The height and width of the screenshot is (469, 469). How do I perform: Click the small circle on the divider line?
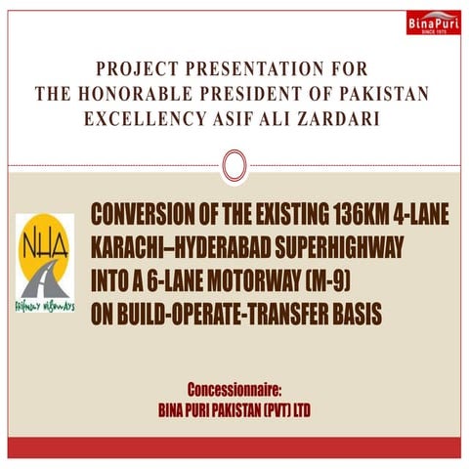pos(233,166)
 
